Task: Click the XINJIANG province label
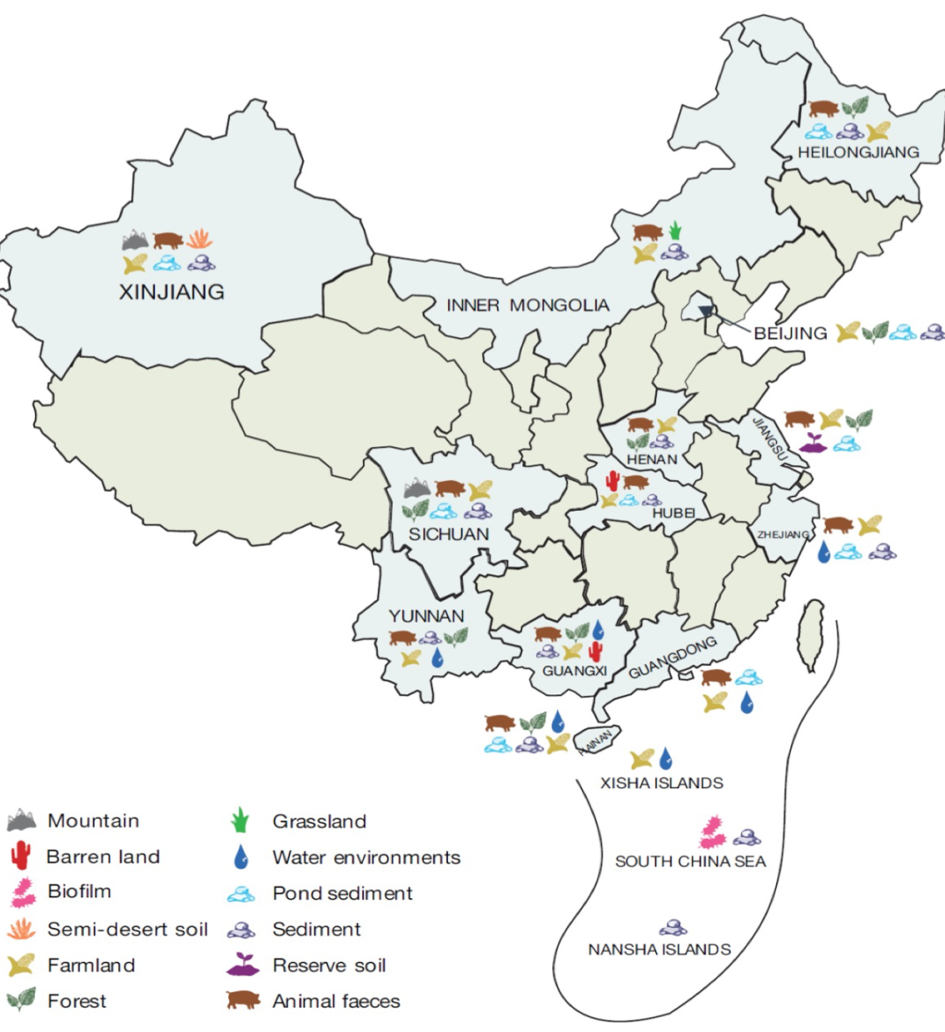click(171, 292)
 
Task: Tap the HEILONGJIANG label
click(857, 152)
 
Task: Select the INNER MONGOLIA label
click(528, 305)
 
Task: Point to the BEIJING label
click(790, 333)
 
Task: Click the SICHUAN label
click(449, 534)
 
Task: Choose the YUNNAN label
click(426, 616)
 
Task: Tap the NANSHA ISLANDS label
click(659, 950)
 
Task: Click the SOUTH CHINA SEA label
click(690, 861)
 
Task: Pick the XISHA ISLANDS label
click(661, 783)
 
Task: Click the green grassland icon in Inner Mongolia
click(675, 232)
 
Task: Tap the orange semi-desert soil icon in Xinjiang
click(199, 239)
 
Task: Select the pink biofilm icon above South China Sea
click(712, 831)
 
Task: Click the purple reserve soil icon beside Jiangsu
click(813, 443)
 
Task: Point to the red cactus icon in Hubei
click(612, 480)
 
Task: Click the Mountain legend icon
click(22, 820)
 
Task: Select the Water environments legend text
click(366, 858)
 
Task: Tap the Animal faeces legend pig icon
click(243, 1001)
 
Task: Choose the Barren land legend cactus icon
click(21, 856)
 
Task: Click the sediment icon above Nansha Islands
click(673, 927)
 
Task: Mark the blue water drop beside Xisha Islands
click(667, 757)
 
